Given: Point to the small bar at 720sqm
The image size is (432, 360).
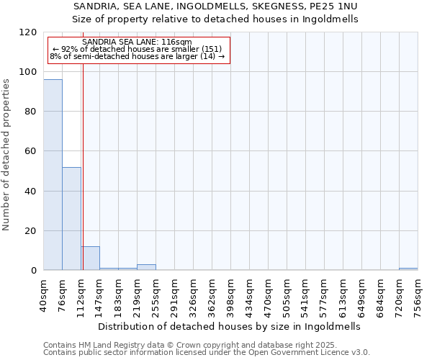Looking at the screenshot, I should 408,269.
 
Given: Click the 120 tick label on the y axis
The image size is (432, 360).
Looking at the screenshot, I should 28,32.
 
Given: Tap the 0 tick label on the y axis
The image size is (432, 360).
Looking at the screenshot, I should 34,271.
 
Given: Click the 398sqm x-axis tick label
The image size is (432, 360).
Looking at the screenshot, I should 231,294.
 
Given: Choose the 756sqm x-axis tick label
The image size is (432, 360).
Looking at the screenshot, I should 418,294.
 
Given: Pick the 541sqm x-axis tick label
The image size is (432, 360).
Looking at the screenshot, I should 306,294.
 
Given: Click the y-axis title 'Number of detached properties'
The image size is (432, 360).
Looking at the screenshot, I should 7,155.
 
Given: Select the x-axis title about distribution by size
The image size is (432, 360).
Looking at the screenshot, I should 228,326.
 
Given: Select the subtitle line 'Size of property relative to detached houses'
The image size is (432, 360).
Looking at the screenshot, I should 215,19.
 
